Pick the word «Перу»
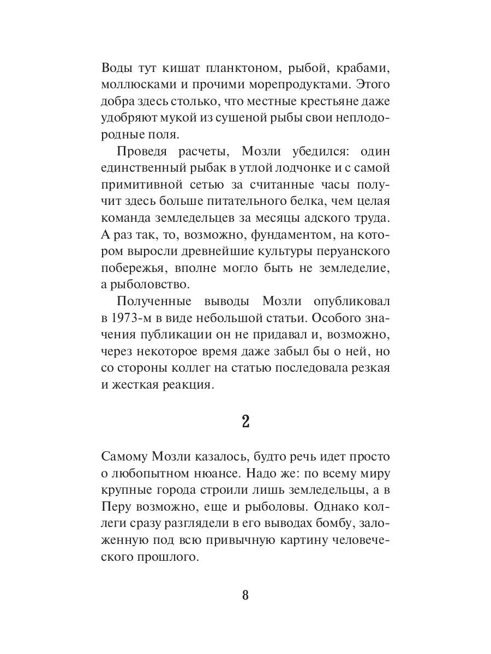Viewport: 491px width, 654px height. point(118,505)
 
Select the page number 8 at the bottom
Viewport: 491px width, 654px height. point(245,595)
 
